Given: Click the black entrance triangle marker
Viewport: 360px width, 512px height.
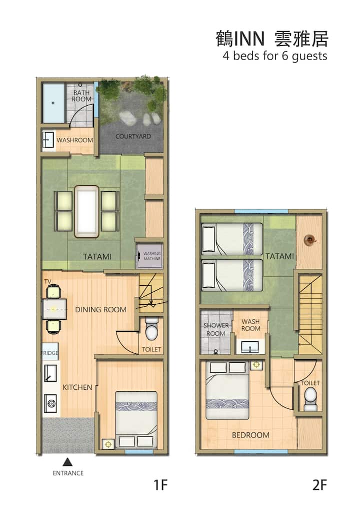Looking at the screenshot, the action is tap(67, 462).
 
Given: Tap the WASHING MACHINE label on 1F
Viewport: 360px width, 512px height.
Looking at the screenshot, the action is tap(152, 256).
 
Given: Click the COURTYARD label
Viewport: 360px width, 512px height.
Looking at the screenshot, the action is tap(133, 137).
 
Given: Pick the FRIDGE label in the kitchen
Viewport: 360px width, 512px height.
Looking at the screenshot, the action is tap(50, 353).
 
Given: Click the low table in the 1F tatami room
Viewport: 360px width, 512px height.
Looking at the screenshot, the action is tap(86, 212).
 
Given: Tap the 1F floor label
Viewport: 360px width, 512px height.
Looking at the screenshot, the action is tap(160, 485).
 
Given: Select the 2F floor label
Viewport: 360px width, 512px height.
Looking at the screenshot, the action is tap(319, 485).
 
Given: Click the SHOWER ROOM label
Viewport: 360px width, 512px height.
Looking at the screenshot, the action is tap(216, 329).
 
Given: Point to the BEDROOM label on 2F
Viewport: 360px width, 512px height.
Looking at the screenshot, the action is tap(250, 435).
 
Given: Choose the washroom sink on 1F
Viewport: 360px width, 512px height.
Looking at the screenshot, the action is tap(48, 140).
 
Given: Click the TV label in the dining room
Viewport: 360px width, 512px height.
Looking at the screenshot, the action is tap(47, 281).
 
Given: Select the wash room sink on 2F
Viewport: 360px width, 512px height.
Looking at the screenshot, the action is tap(250, 347).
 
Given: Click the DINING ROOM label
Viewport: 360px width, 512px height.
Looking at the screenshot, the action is tap(101, 309).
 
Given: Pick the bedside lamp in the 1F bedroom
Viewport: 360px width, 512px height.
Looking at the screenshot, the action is tap(108, 444).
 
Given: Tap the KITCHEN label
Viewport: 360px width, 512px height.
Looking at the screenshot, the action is tap(77, 387).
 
